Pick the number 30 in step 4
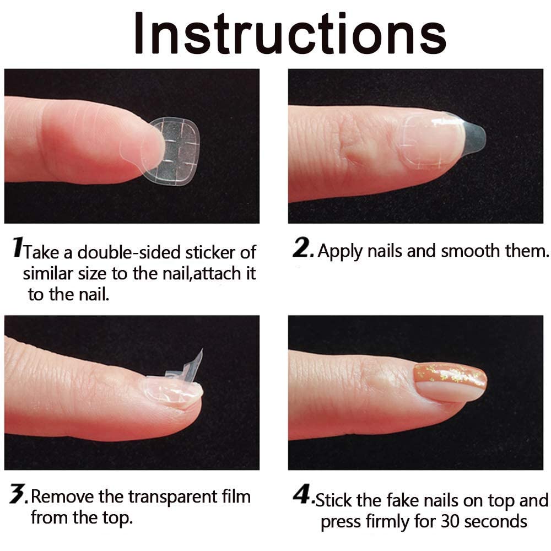pos(455,521)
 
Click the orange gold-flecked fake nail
pos(450,381)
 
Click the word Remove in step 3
pos(62,497)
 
